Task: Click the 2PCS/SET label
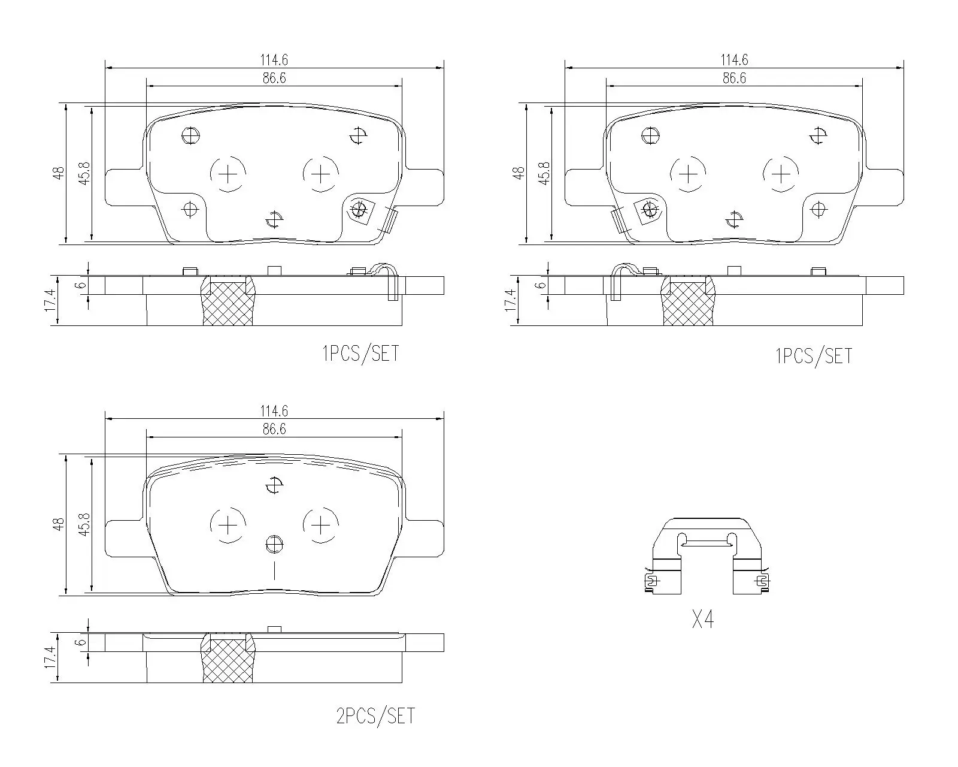375,716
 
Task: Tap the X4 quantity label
703,620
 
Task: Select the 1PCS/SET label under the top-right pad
814,357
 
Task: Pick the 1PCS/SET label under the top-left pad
360,354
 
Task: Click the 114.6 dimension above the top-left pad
274,60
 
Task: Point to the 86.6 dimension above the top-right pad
734,78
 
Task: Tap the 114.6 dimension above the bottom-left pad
274,411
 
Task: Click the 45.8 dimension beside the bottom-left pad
84,524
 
